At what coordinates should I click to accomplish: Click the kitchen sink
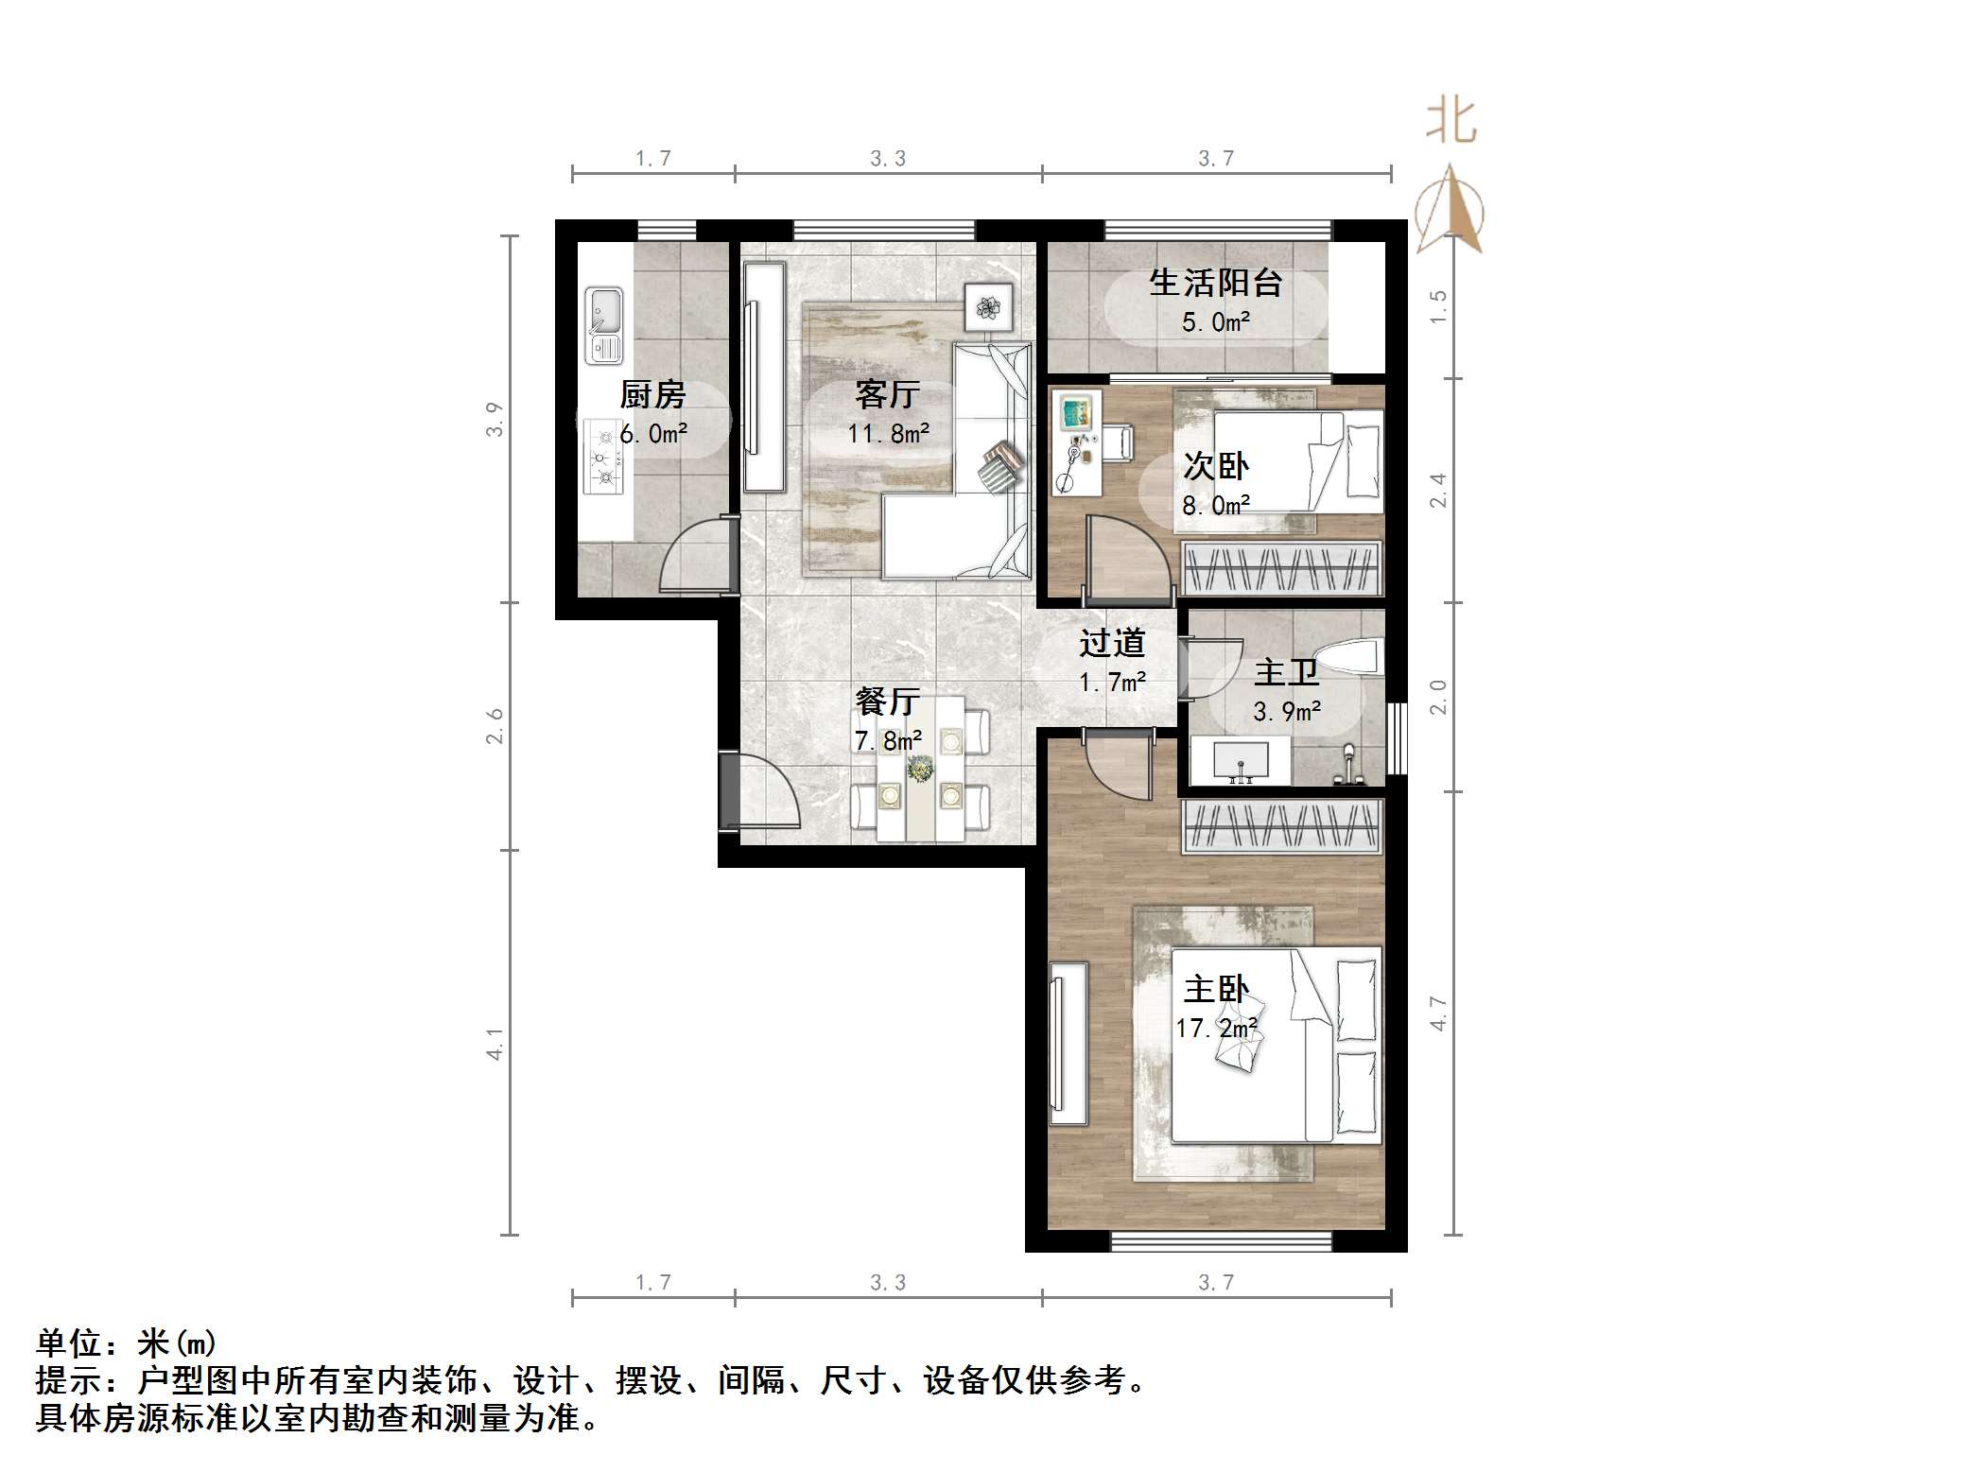point(603,325)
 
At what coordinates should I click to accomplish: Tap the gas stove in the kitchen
point(602,457)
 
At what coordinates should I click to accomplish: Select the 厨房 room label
point(652,394)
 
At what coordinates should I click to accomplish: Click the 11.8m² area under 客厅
point(888,434)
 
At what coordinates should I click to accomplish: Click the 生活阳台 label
point(1215,283)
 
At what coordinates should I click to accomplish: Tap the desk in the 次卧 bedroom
point(1079,442)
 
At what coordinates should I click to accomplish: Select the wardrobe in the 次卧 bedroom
point(1282,568)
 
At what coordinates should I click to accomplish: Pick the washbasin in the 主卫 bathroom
point(1239,761)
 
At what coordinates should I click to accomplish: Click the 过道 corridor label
point(1112,644)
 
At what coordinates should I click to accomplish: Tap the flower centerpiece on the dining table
point(917,769)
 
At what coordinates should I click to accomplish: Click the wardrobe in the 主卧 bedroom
point(1282,825)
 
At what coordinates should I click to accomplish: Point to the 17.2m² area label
point(1216,1028)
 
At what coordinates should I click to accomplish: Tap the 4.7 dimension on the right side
point(1438,1013)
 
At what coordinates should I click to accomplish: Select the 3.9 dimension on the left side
point(494,419)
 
